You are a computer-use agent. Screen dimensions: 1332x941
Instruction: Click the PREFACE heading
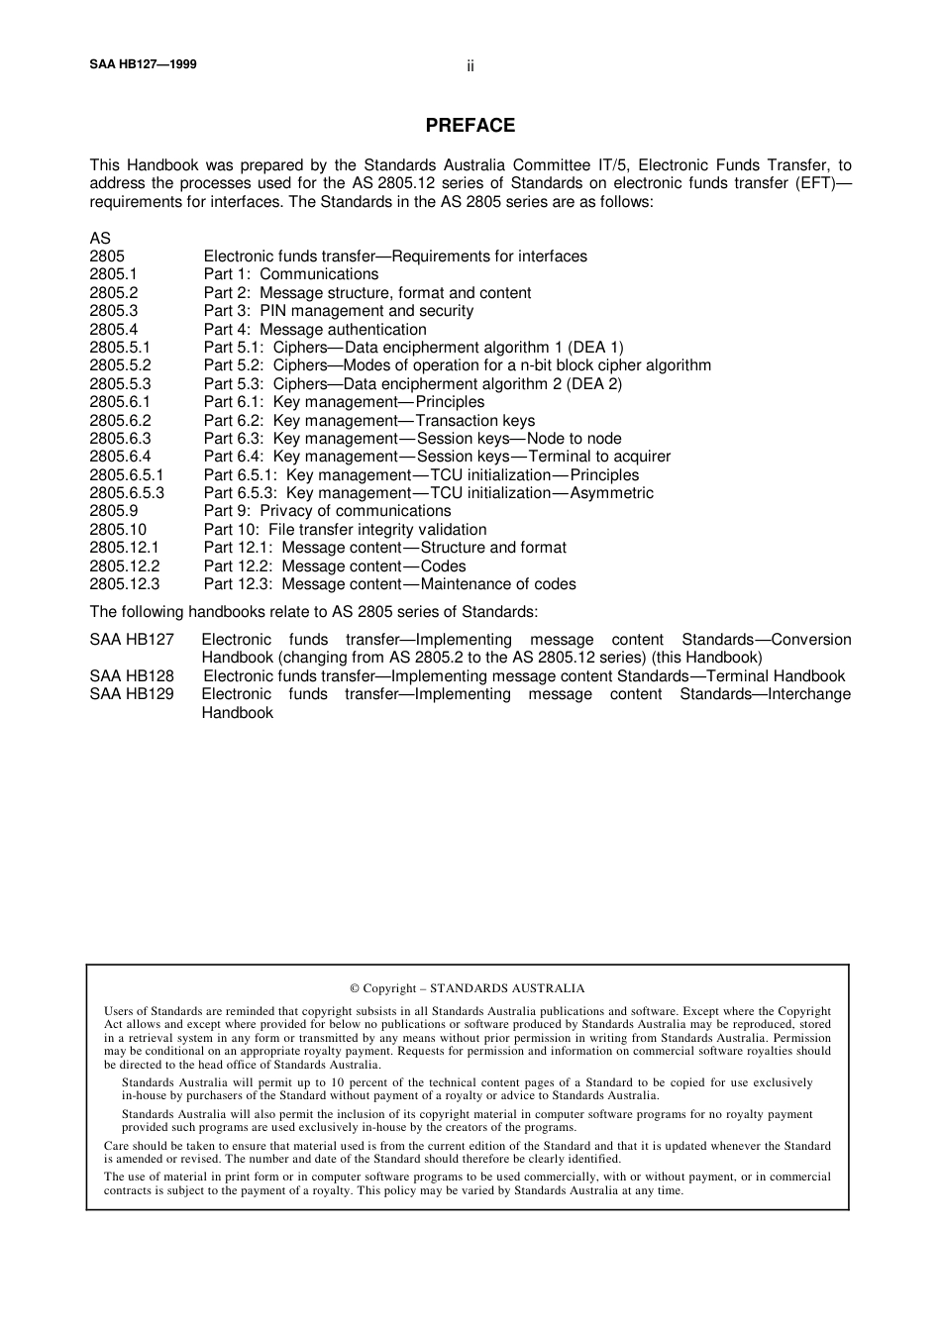tap(470, 126)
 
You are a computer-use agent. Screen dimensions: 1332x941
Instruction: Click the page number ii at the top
tap(470, 66)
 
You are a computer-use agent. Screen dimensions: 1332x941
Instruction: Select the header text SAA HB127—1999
tap(143, 64)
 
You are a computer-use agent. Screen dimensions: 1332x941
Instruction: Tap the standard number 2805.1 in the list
tap(113, 274)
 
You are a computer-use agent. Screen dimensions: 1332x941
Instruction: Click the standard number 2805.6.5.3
tap(127, 493)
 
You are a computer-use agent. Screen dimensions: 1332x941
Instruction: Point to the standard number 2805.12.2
tap(124, 566)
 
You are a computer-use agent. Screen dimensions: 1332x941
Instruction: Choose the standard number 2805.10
tap(118, 530)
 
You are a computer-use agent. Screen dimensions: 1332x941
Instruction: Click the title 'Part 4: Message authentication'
tap(315, 330)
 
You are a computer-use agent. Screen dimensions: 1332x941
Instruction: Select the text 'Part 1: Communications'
tap(291, 274)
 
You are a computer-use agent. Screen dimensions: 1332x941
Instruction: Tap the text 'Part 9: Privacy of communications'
tap(327, 511)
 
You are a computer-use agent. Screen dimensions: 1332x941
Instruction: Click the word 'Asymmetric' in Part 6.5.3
tap(611, 493)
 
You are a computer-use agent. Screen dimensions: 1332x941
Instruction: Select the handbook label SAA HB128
tap(132, 676)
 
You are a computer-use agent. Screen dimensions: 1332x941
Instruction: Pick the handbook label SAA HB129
tap(132, 694)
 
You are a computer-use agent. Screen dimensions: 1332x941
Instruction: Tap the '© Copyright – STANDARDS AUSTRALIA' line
tap(468, 988)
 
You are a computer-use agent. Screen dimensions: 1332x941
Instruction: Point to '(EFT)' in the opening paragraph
tap(816, 183)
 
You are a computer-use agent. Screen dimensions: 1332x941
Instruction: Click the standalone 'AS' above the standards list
tap(100, 239)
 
